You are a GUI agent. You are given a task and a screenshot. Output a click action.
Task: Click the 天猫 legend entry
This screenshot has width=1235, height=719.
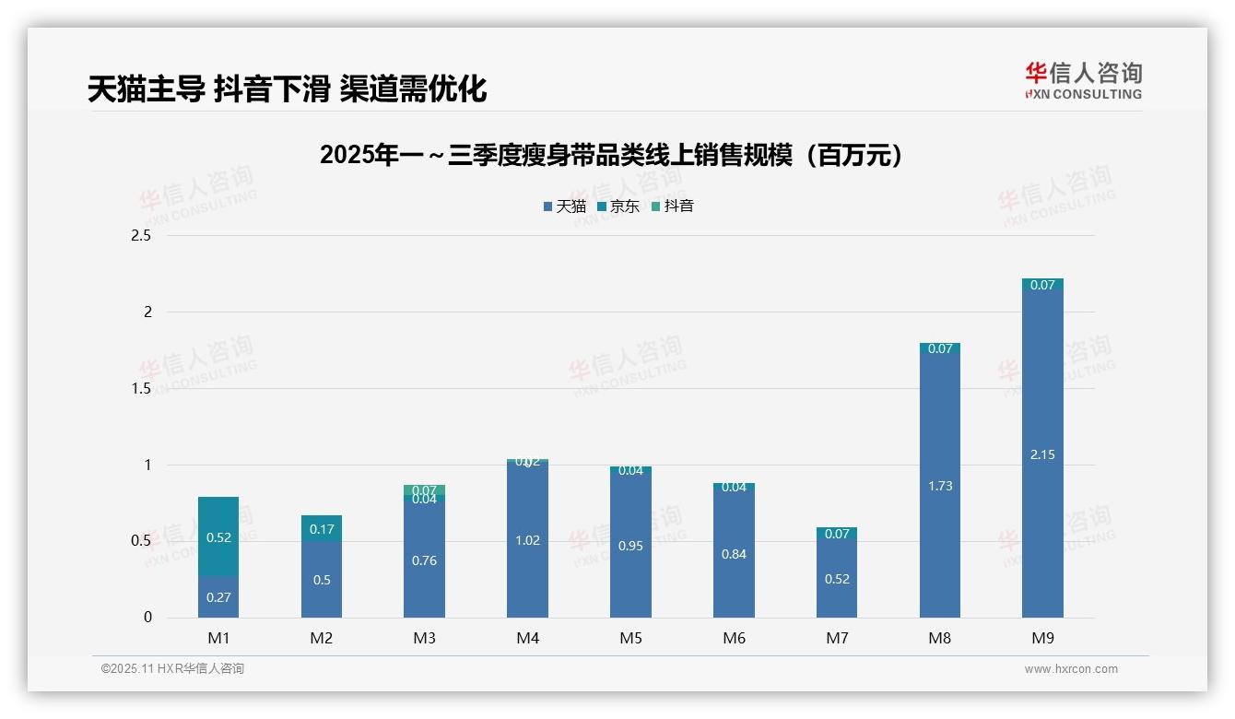point(565,206)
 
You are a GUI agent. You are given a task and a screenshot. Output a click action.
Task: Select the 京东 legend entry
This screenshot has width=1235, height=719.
point(618,206)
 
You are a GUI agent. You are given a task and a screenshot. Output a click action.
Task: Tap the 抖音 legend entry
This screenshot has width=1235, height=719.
point(673,206)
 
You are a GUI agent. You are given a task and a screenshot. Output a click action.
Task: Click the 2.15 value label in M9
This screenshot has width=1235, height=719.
point(1042,454)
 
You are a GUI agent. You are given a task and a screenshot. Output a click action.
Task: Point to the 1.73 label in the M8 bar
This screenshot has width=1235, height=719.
point(940,486)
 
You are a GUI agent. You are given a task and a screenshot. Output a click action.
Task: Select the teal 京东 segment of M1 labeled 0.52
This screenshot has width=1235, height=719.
point(218,537)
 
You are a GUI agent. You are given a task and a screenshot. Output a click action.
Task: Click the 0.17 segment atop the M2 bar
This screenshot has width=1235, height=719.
point(322,529)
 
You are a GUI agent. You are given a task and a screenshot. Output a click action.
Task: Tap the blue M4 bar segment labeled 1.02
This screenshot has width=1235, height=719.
point(527,540)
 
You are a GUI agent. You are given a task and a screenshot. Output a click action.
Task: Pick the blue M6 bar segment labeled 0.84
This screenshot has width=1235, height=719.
point(734,554)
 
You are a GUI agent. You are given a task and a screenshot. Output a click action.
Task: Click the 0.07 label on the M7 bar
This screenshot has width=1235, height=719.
point(837,534)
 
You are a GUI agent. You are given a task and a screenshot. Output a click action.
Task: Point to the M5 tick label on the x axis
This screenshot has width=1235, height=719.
point(630,638)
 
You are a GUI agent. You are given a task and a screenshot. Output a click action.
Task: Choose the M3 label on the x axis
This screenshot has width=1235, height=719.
point(425,638)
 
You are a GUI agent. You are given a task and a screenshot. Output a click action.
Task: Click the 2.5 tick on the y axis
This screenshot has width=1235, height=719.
point(141,236)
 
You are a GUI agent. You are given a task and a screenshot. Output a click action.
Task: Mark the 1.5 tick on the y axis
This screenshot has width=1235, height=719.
point(141,388)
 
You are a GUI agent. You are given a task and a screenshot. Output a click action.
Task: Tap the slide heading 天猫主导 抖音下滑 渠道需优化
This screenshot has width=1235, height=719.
point(287,89)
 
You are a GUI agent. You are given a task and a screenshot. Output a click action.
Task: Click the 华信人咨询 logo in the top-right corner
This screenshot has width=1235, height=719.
point(1083,80)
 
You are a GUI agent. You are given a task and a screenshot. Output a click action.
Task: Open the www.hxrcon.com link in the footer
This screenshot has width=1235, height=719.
point(1071,669)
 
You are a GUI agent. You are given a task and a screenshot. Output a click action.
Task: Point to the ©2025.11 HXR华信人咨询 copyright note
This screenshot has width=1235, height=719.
point(172,669)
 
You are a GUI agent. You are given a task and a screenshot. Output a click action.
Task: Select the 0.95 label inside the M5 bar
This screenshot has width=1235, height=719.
point(630,546)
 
